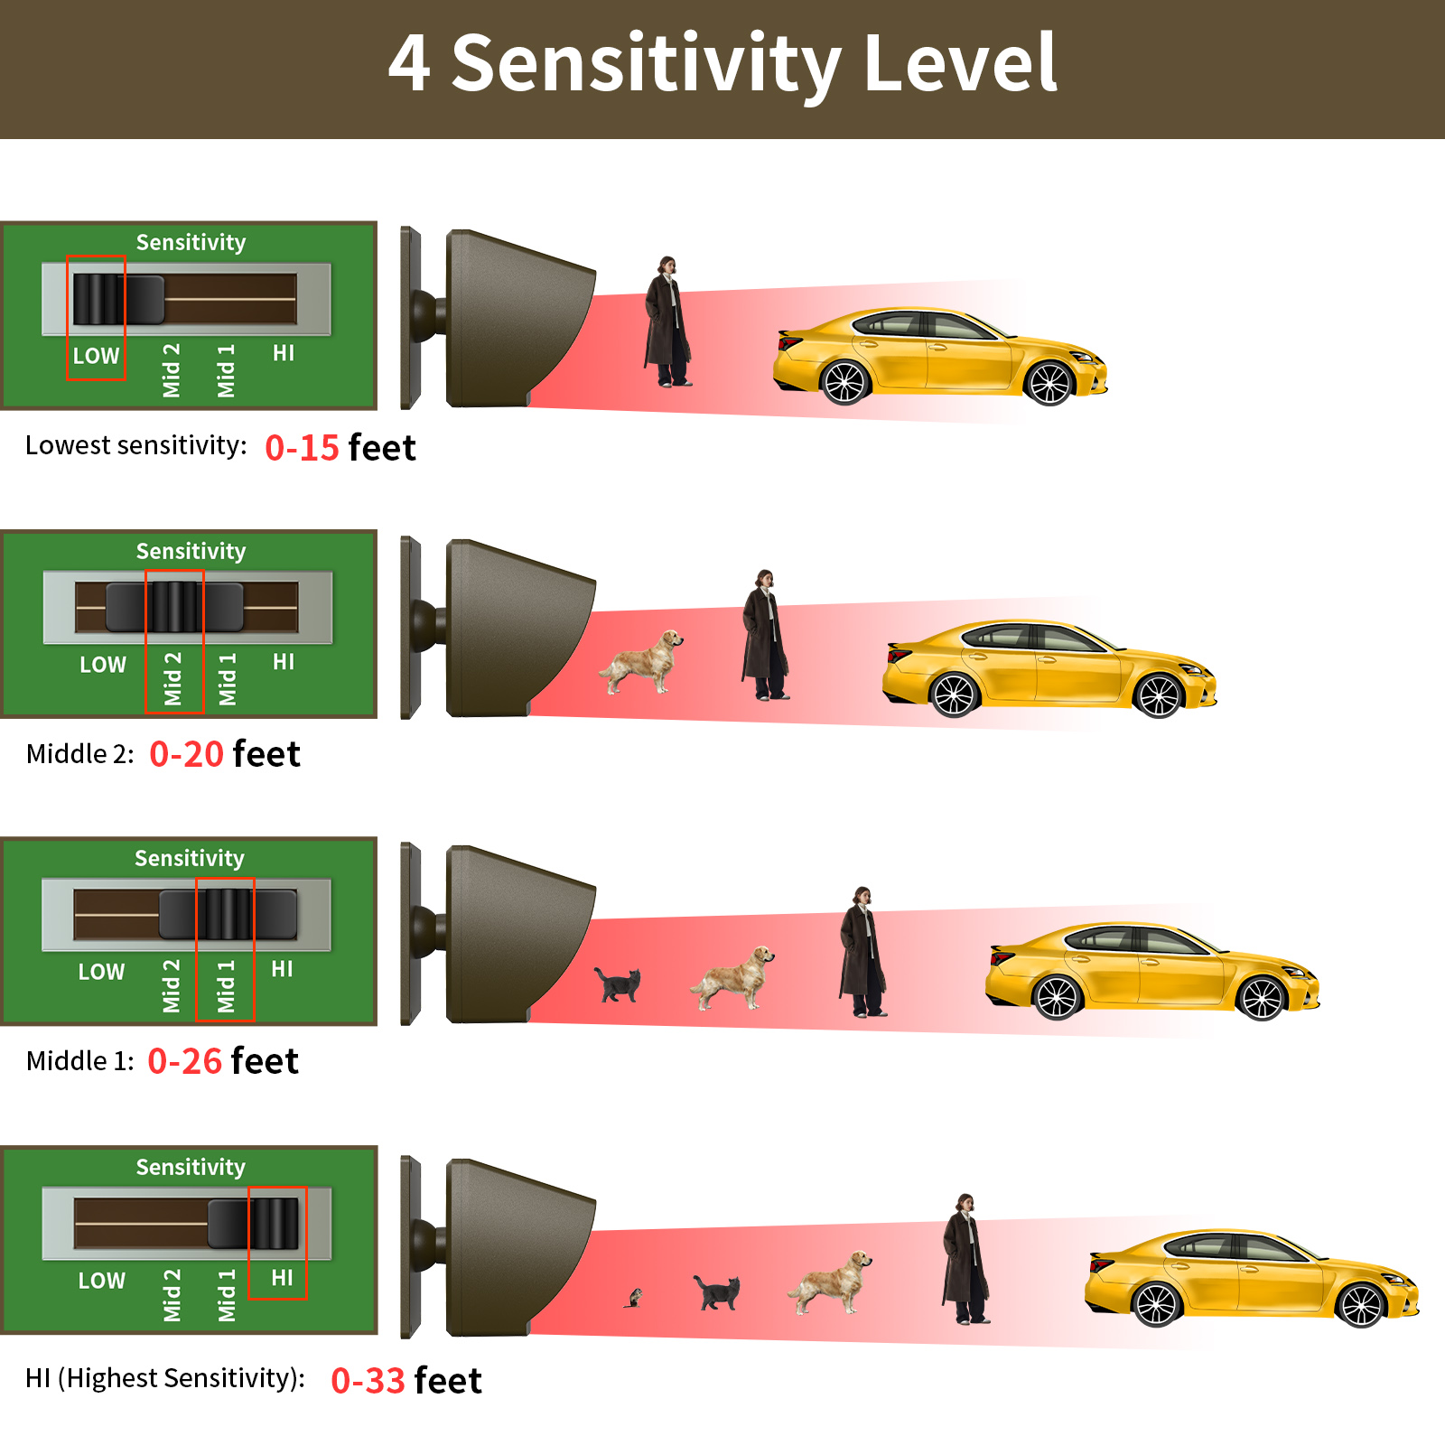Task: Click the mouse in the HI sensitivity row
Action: [x=634, y=1299]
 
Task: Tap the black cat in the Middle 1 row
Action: [x=618, y=984]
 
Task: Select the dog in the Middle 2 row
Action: [x=641, y=662]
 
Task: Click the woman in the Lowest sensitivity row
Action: [x=667, y=322]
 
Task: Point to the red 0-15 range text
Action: [x=302, y=448]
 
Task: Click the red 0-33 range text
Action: [x=368, y=1381]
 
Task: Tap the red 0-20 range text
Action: [x=186, y=754]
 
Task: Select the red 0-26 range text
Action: [x=184, y=1061]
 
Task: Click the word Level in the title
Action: [x=960, y=62]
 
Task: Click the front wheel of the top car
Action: [x=1049, y=383]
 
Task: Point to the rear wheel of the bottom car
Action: [x=1157, y=1304]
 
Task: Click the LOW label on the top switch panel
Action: [x=96, y=356]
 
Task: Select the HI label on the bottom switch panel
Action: [x=282, y=1278]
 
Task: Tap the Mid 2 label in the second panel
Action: [x=172, y=678]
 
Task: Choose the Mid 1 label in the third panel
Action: [x=226, y=986]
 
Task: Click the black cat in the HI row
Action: [x=717, y=1292]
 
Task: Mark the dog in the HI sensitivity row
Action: [x=830, y=1282]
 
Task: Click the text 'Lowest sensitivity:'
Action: [x=136, y=445]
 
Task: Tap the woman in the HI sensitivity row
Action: [x=965, y=1259]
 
